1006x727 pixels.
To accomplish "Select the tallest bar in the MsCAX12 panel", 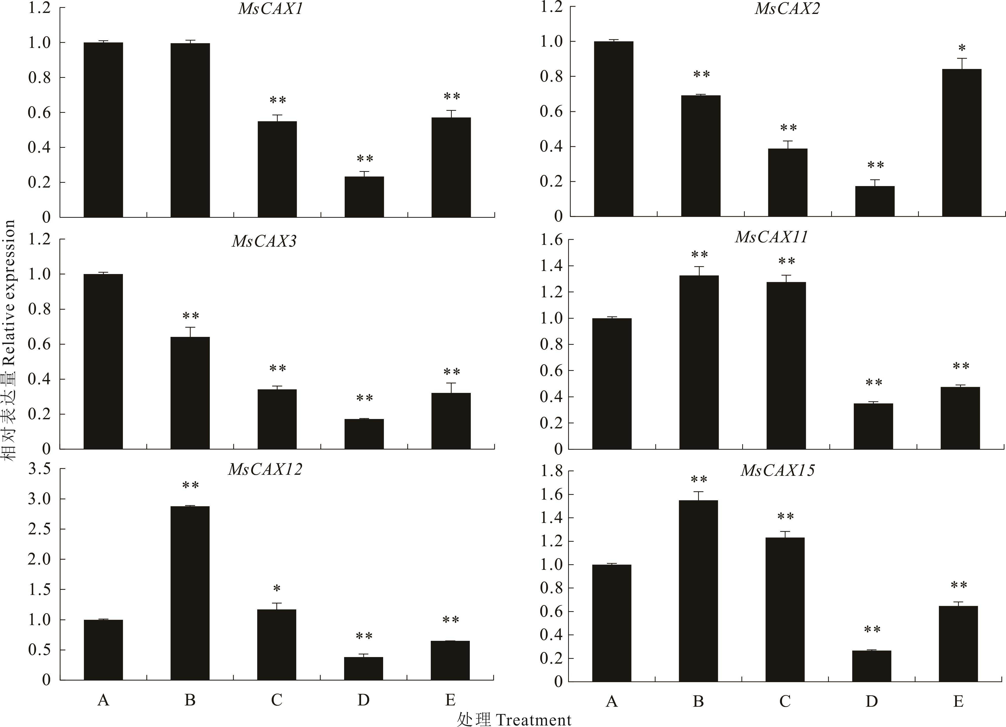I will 190,592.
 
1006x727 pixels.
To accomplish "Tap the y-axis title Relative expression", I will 9,339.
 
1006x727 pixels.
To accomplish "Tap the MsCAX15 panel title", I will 778,470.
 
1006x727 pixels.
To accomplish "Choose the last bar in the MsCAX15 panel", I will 958,644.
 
